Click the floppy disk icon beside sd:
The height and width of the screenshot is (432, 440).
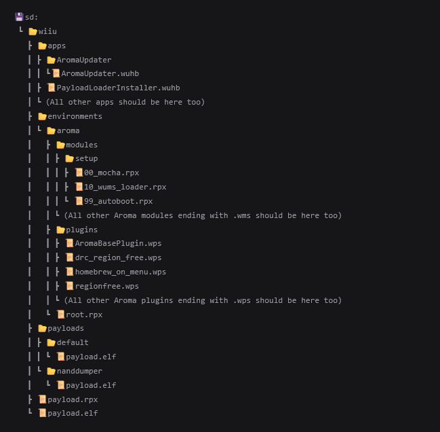tap(19, 17)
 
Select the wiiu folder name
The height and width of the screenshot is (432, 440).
tap(47, 31)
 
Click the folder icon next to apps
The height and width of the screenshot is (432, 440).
tap(42, 46)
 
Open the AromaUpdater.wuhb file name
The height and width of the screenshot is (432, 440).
tap(100, 73)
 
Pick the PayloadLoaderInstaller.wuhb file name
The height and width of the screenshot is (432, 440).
tap(119, 88)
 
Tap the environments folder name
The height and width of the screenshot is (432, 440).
tap(75, 116)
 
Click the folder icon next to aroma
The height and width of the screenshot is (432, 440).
tap(52, 130)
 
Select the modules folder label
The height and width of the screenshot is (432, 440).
tap(81, 145)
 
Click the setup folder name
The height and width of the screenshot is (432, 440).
tap(86, 158)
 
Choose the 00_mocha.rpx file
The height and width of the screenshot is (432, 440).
tap(112, 173)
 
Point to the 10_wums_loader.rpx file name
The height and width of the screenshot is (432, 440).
tap(125, 187)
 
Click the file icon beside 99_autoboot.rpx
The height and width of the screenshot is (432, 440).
tap(79, 201)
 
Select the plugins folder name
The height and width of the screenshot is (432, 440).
tap(81, 230)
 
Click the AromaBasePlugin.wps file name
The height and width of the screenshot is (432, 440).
tap(119, 243)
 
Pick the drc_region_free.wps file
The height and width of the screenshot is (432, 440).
tap(119, 257)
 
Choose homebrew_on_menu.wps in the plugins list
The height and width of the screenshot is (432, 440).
tap(121, 272)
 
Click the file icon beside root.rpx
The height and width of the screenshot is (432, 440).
tap(61, 314)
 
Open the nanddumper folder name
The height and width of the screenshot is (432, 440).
tap(80, 371)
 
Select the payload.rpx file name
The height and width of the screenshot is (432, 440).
tap(73, 399)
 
